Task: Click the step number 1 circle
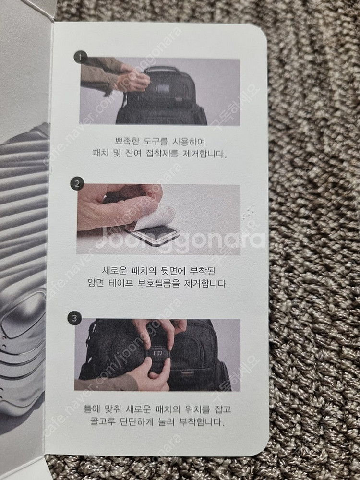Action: [x=81, y=57]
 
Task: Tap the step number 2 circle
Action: [x=77, y=184]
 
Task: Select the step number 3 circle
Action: [x=74, y=318]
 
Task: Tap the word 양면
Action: [x=96, y=283]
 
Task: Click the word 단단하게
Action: [x=136, y=422]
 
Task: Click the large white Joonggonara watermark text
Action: [x=180, y=239]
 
